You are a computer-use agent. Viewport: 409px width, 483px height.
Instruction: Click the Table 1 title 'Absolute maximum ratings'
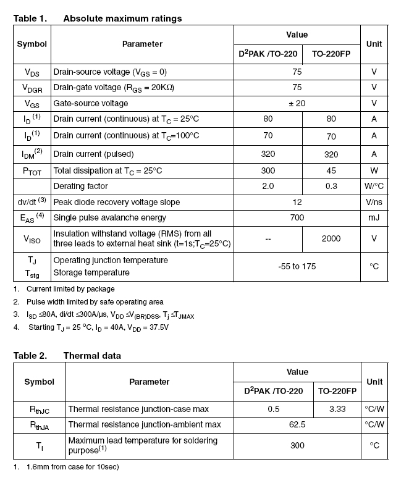click(x=122, y=19)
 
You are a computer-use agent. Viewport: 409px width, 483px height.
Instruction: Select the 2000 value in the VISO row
click(x=331, y=238)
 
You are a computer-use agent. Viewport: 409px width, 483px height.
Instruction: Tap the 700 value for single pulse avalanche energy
click(x=297, y=217)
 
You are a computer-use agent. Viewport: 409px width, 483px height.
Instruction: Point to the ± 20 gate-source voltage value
click(x=297, y=104)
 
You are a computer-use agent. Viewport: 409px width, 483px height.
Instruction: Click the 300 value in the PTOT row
click(x=268, y=170)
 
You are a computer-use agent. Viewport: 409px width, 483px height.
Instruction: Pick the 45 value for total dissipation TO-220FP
click(x=331, y=170)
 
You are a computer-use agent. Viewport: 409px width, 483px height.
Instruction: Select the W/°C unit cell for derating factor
click(x=374, y=186)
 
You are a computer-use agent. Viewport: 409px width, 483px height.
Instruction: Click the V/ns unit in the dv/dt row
click(x=374, y=202)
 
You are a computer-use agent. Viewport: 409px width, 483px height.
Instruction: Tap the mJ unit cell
click(x=374, y=217)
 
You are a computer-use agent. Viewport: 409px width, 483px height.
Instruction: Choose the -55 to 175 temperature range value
click(x=297, y=266)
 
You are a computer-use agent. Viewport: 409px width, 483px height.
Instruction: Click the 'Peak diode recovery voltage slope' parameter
click(x=117, y=202)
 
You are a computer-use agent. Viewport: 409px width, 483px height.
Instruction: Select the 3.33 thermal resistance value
click(x=337, y=409)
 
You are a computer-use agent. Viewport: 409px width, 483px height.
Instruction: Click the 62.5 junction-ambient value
click(x=297, y=424)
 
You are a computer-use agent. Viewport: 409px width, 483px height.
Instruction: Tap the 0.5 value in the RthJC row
click(x=274, y=409)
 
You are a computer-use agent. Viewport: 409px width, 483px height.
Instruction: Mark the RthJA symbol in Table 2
click(x=39, y=424)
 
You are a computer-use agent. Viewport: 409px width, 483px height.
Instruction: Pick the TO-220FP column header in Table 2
click(x=337, y=390)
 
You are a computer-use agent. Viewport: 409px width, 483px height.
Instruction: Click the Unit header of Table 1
click(x=374, y=44)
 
